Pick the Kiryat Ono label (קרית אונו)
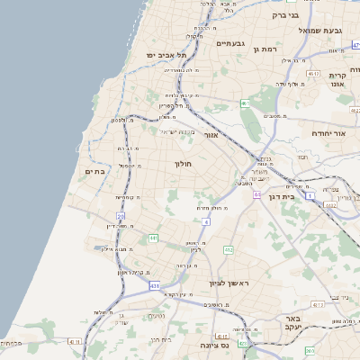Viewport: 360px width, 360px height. pyautogui.click(x=339, y=79)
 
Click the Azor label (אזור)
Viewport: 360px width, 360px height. pyautogui.click(x=211, y=135)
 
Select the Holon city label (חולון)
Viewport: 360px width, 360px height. pyautogui.click(x=184, y=164)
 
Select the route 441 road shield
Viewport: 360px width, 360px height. pyautogui.click(x=154, y=238)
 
